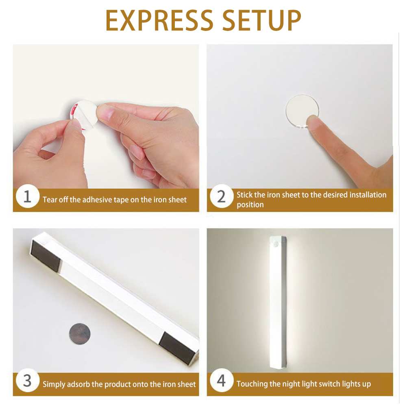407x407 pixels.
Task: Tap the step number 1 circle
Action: click(x=27, y=197)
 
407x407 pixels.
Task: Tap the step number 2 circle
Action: click(x=221, y=197)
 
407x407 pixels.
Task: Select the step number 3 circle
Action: click(x=27, y=381)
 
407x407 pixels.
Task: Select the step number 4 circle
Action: click(x=221, y=381)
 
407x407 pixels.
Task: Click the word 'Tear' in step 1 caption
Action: click(x=50, y=200)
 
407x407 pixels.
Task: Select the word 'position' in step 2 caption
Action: click(x=250, y=205)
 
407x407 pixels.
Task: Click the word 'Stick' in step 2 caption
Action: click(x=244, y=195)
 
